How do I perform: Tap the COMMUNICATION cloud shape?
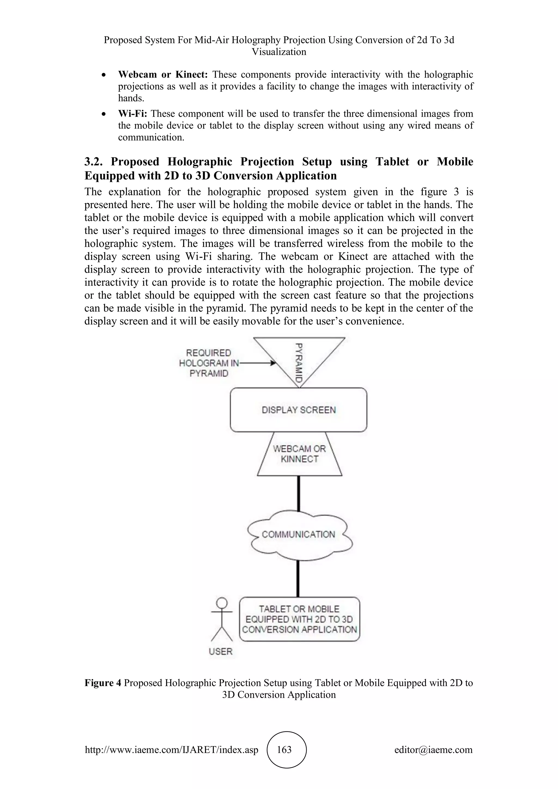tap(298, 534)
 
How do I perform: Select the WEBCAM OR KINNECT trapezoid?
tap(299, 454)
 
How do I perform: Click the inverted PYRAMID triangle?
tap(299, 357)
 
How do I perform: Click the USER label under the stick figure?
tap(221, 651)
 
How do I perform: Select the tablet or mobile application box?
tap(299, 619)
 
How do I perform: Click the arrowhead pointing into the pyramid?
tap(274, 363)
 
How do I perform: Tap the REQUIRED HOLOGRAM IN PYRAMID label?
tap(208, 363)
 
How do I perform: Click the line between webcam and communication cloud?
tap(298, 493)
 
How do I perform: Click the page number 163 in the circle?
tap(284, 749)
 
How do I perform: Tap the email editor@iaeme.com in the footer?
tap(433, 749)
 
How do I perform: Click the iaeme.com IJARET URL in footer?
tap(171, 749)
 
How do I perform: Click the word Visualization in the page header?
tap(279, 52)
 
